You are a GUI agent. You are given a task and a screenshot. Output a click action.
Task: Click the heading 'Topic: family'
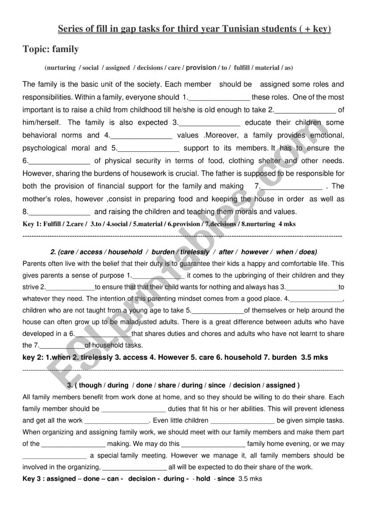pyautogui.click(x=51, y=50)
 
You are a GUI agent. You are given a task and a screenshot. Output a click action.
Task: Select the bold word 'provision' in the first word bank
pyautogui.click(x=201, y=68)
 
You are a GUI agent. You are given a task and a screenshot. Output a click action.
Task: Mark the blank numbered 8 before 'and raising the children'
pyautogui.click(x=59, y=212)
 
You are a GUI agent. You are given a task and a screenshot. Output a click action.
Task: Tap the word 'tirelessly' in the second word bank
pyautogui.click(x=195, y=252)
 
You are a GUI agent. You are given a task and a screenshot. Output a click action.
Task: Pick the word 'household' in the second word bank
pyautogui.click(x=125, y=252)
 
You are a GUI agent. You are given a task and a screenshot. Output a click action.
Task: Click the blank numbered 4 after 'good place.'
pyautogui.click(x=317, y=299)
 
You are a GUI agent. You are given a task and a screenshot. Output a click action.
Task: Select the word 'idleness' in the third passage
pyautogui.click(x=331, y=409)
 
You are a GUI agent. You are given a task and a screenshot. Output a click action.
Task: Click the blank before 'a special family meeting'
pyautogui.click(x=54, y=456)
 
